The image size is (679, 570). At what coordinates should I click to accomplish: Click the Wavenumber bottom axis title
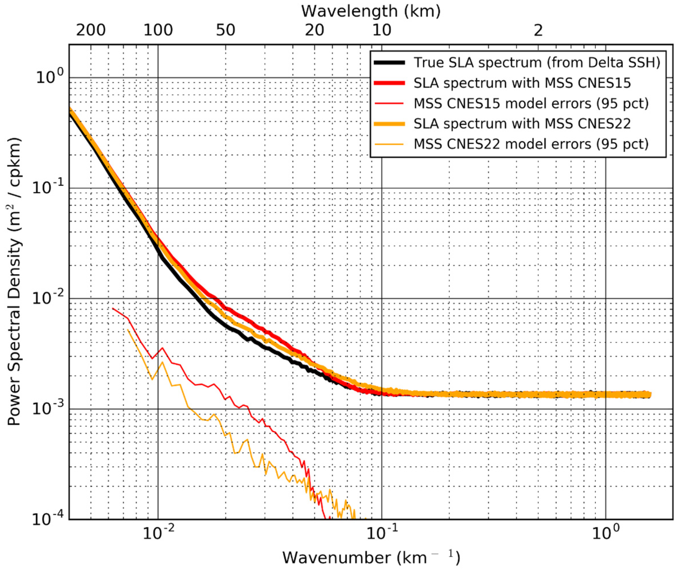(371, 557)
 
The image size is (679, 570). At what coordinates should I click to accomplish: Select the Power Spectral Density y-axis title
(14, 281)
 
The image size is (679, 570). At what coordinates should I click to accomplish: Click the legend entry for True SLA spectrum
(537, 63)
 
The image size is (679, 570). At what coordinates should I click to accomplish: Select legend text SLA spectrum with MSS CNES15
(522, 83)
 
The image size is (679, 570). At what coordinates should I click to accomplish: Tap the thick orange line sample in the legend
(389, 124)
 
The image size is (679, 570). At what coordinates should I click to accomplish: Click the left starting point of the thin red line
(112, 308)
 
